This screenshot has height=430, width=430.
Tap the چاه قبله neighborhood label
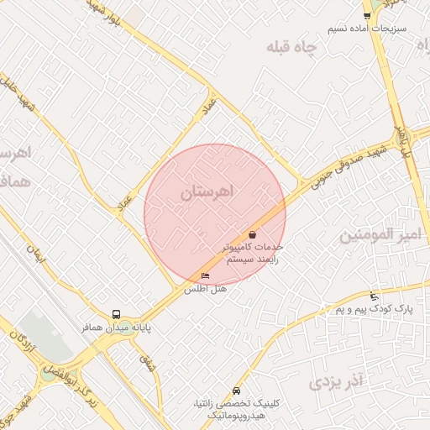295,48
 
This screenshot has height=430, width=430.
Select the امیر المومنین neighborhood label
379,236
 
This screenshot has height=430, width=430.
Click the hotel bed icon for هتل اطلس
205,276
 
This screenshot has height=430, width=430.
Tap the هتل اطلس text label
207,289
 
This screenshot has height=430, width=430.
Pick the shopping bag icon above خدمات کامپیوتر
253,234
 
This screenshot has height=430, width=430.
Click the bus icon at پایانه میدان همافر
116,315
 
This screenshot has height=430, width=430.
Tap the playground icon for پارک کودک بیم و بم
374,296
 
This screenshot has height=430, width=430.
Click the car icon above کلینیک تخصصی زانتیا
236,391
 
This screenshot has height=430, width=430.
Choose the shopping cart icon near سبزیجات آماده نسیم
367,15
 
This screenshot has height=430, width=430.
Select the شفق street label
148,364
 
